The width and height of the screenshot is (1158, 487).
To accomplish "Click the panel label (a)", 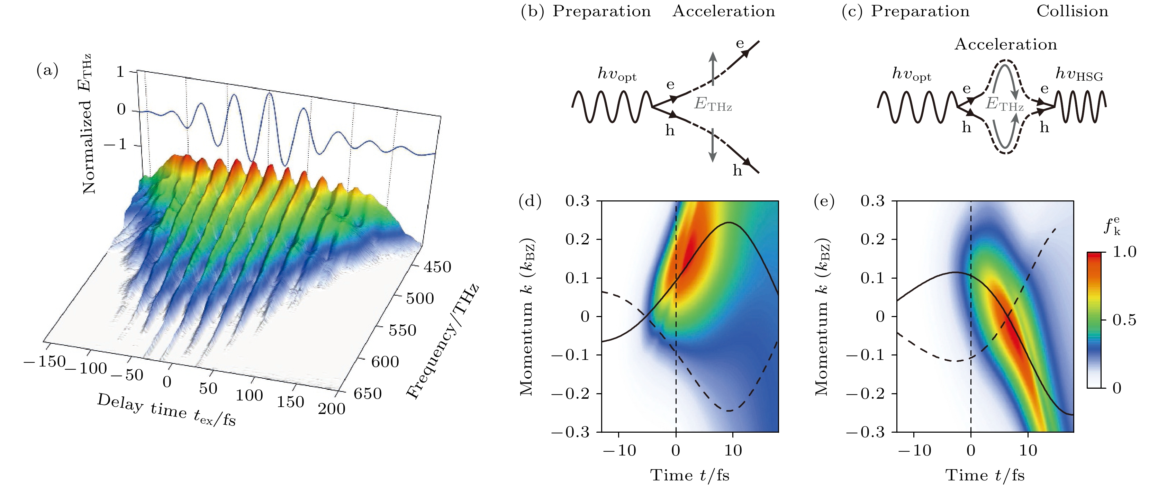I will tap(47, 71).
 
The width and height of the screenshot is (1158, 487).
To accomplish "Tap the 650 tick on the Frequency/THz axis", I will tap(367, 394).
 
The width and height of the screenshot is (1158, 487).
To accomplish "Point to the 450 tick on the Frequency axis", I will tap(437, 267).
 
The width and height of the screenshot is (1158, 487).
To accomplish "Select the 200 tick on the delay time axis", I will tap(331, 409).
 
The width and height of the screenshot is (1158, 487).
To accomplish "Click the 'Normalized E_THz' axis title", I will tap(87, 124).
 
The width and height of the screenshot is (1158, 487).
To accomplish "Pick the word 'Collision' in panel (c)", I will tap(1072, 11).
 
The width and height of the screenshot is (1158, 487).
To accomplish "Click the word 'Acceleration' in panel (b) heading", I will tap(723, 11).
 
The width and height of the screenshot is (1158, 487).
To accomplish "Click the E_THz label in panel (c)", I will tap(1004, 104).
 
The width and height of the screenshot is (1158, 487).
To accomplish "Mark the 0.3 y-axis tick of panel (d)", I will tap(577, 201).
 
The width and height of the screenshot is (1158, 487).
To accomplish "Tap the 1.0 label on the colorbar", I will tap(1124, 252).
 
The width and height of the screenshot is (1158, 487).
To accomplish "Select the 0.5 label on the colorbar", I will tap(1124, 320).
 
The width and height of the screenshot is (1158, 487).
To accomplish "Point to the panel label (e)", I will tap(824, 201).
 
